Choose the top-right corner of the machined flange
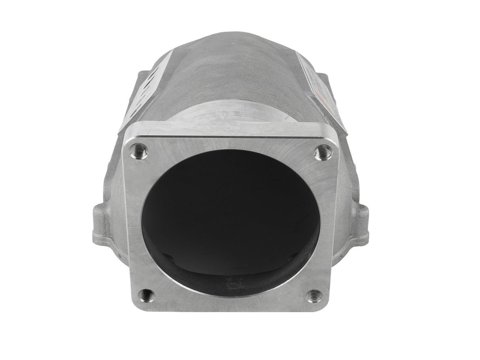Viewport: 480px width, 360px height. [x=336, y=136]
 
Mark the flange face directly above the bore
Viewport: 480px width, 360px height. [x=231, y=144]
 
